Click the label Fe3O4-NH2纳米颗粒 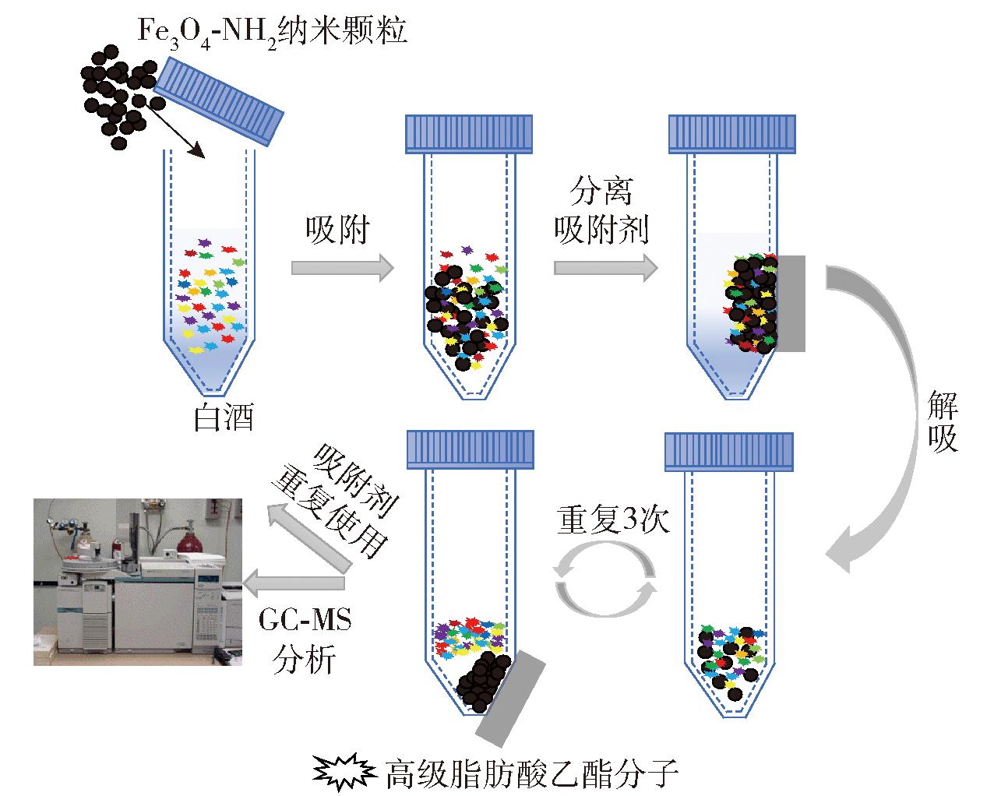click(x=273, y=33)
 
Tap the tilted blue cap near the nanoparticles click(x=218, y=101)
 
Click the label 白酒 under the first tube click(x=224, y=417)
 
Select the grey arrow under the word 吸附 click(x=342, y=267)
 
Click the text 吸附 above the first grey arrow click(x=337, y=230)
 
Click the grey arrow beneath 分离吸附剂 click(x=605, y=267)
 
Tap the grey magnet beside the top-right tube click(x=791, y=304)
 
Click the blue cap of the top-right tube click(x=732, y=134)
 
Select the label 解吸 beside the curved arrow click(x=943, y=421)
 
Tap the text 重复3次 click(x=613, y=520)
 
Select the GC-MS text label click(x=305, y=620)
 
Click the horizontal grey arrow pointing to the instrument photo click(x=294, y=583)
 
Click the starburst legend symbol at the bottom click(x=344, y=772)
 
